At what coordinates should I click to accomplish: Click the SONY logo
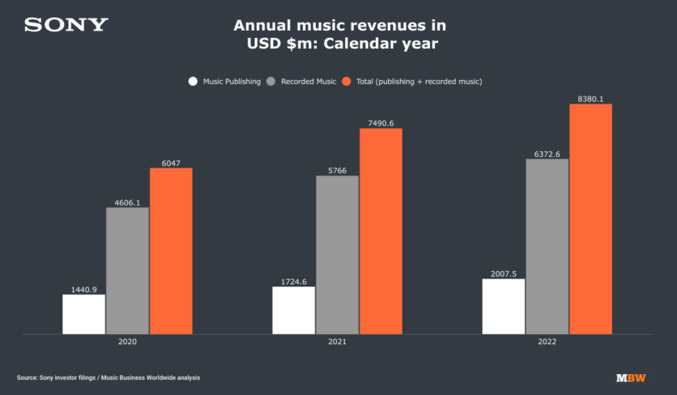click(x=66, y=25)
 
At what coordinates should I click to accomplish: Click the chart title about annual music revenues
click(x=339, y=36)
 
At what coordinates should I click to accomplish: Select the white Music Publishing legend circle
click(x=193, y=81)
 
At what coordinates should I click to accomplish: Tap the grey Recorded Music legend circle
click(x=271, y=81)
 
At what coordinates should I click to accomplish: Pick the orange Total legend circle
click(x=347, y=81)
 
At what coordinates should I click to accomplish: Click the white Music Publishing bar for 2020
click(x=83, y=314)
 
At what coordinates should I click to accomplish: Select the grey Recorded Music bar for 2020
click(x=127, y=270)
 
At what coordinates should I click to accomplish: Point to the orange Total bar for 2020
click(x=171, y=251)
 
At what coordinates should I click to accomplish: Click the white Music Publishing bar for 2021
click(x=293, y=310)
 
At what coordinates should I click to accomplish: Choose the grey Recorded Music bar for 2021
click(x=337, y=254)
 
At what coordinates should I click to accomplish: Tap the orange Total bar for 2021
click(x=381, y=231)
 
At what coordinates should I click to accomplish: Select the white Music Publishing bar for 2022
click(x=503, y=306)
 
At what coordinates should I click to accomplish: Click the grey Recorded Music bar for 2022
click(x=547, y=246)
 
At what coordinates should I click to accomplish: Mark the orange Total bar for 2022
click(x=590, y=219)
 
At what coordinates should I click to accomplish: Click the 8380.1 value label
click(x=590, y=99)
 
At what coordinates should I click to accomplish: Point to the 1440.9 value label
click(x=83, y=289)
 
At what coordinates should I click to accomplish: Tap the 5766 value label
click(x=337, y=171)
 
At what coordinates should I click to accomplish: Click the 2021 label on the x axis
click(x=337, y=343)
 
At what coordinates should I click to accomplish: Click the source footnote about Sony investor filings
click(x=108, y=378)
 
